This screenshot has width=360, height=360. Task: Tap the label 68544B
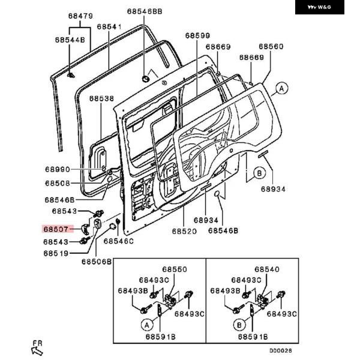pos(70,40)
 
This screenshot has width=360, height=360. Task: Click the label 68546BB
pos(145,11)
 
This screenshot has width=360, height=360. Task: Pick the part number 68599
pos(197,36)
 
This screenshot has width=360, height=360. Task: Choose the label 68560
pos(271,46)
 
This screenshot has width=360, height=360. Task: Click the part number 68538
pos(101,98)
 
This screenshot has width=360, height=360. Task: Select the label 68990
pos(57,170)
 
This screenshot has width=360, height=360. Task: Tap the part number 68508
pos(57,184)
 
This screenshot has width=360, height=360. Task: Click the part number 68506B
pos(97,262)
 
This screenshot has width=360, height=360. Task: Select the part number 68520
pos(185,230)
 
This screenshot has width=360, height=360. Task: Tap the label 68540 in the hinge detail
pos(267,270)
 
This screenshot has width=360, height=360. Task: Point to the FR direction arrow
pos(37,346)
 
